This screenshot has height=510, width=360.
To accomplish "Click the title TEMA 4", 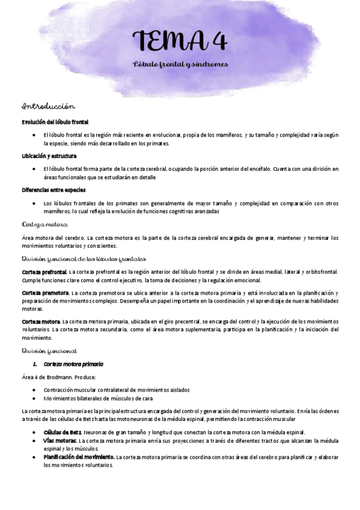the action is pos(180,41).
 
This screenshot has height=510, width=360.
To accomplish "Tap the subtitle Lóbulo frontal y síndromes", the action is pos(180,64).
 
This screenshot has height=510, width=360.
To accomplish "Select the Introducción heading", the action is pos(48,106).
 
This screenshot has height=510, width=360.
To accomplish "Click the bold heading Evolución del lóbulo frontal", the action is pos(55,122).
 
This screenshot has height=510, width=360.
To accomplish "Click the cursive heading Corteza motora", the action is pos(44,224).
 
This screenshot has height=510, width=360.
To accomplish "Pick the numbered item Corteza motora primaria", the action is pos(73,364).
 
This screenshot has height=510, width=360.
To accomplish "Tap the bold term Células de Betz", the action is pos(63,432).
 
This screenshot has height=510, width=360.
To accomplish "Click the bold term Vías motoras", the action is pos(60,440).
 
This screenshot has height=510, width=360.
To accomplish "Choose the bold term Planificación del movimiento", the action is pos(79,457).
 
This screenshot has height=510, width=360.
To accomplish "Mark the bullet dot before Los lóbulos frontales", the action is pos(37,203).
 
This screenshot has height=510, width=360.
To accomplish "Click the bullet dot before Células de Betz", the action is pos(37,432).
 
